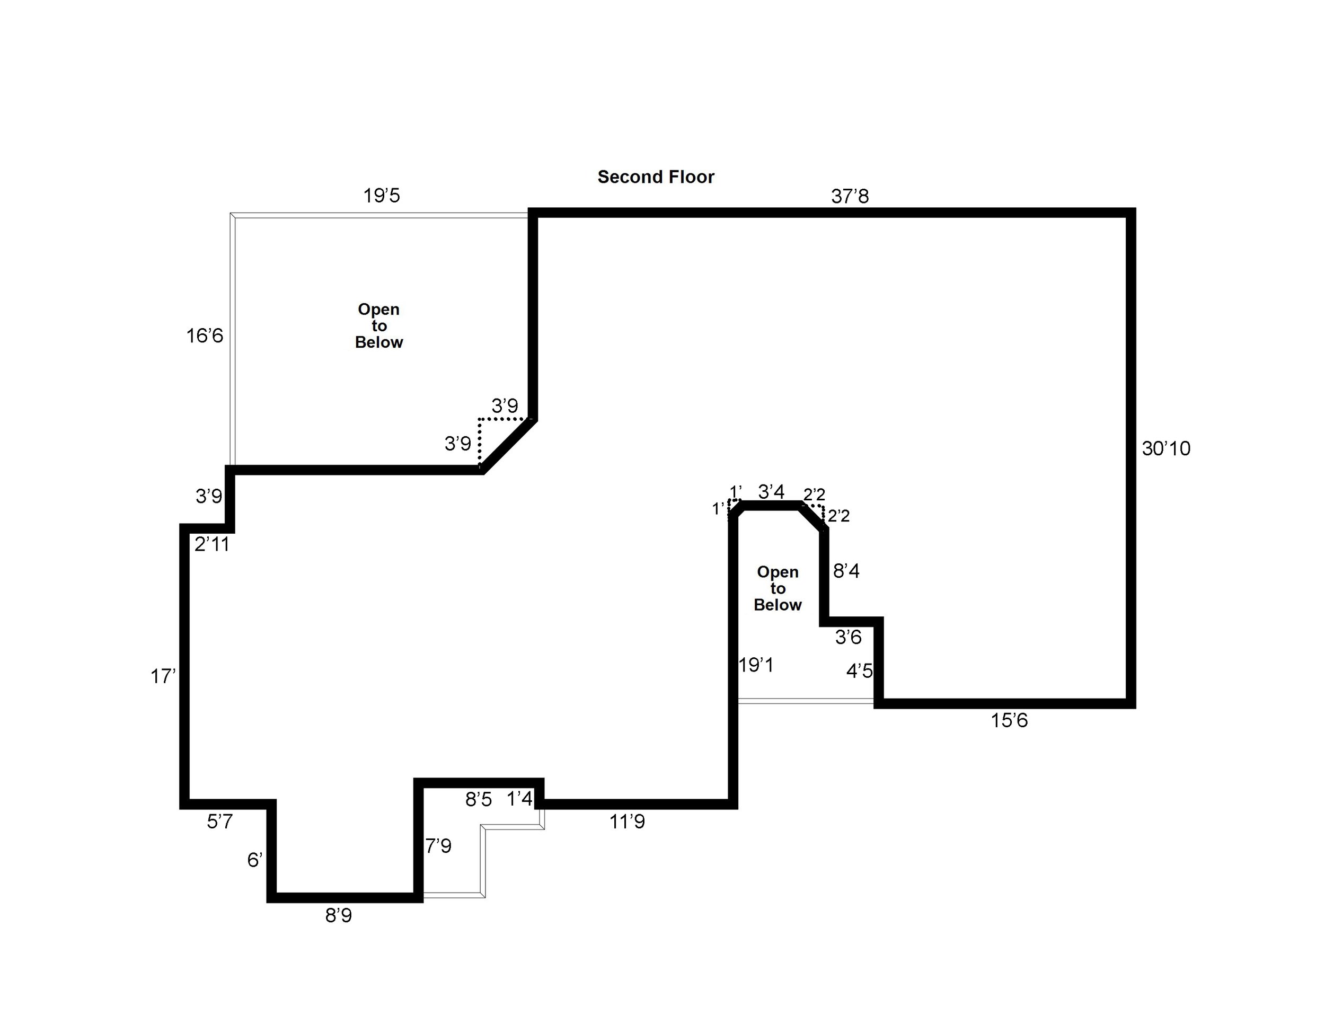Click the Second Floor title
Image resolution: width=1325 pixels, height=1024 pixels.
point(656,177)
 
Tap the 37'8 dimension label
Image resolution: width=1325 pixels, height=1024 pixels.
point(850,197)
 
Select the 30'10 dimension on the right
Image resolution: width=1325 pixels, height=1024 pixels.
point(1165,449)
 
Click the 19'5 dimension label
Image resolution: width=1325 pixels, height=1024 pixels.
point(382,196)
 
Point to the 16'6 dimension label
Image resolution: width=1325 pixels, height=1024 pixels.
point(205,336)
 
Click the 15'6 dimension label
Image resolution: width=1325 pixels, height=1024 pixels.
point(1009,721)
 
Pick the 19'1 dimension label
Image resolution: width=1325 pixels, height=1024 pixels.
point(756,666)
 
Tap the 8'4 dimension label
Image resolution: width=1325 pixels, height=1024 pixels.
point(846,571)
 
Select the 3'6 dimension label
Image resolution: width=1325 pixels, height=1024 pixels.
point(848,637)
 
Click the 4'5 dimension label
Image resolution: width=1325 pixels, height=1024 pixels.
point(859,671)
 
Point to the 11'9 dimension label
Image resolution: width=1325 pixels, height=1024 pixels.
point(626,822)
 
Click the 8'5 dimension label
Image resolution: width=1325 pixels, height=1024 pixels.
point(478,800)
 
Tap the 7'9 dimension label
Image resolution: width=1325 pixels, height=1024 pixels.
point(438,846)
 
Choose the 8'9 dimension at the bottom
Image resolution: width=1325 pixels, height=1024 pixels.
point(339,915)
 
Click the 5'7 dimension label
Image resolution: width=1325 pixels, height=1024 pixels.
point(219,822)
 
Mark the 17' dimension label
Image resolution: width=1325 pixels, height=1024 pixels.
point(163,676)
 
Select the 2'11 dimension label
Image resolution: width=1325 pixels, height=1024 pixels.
point(211,545)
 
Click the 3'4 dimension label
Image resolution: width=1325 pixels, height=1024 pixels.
point(771,491)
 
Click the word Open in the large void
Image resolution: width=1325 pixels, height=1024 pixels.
point(378,310)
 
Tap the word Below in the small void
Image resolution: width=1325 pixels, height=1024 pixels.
point(778,605)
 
